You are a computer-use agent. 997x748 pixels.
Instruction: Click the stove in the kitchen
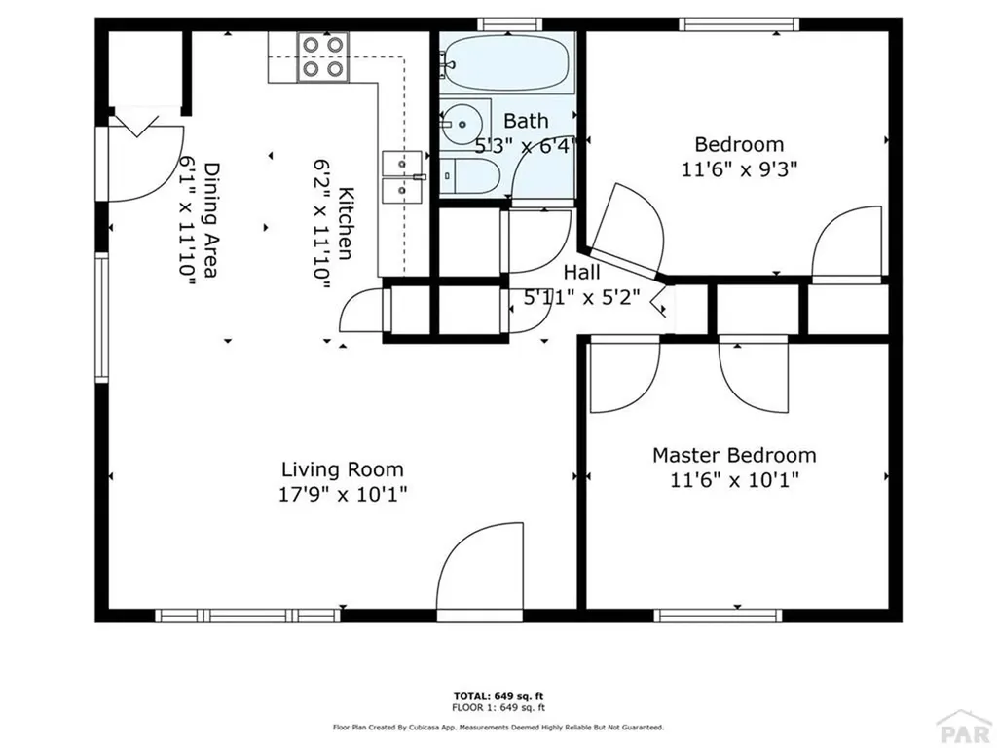[x=323, y=56]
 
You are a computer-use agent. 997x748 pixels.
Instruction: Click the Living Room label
[x=343, y=468]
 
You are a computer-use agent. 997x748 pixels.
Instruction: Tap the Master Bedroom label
[x=734, y=455]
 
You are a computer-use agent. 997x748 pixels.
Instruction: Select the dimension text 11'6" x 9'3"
[x=739, y=168]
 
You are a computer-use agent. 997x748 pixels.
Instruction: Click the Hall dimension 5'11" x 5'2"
[x=580, y=299]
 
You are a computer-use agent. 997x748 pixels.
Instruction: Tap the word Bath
[x=526, y=122]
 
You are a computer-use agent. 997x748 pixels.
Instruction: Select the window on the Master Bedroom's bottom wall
[x=718, y=616]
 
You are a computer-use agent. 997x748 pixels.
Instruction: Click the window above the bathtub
[x=507, y=23]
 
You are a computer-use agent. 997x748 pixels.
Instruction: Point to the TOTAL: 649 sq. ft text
[x=498, y=695]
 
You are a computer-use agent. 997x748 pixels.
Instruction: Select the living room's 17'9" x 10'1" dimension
[x=343, y=494]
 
